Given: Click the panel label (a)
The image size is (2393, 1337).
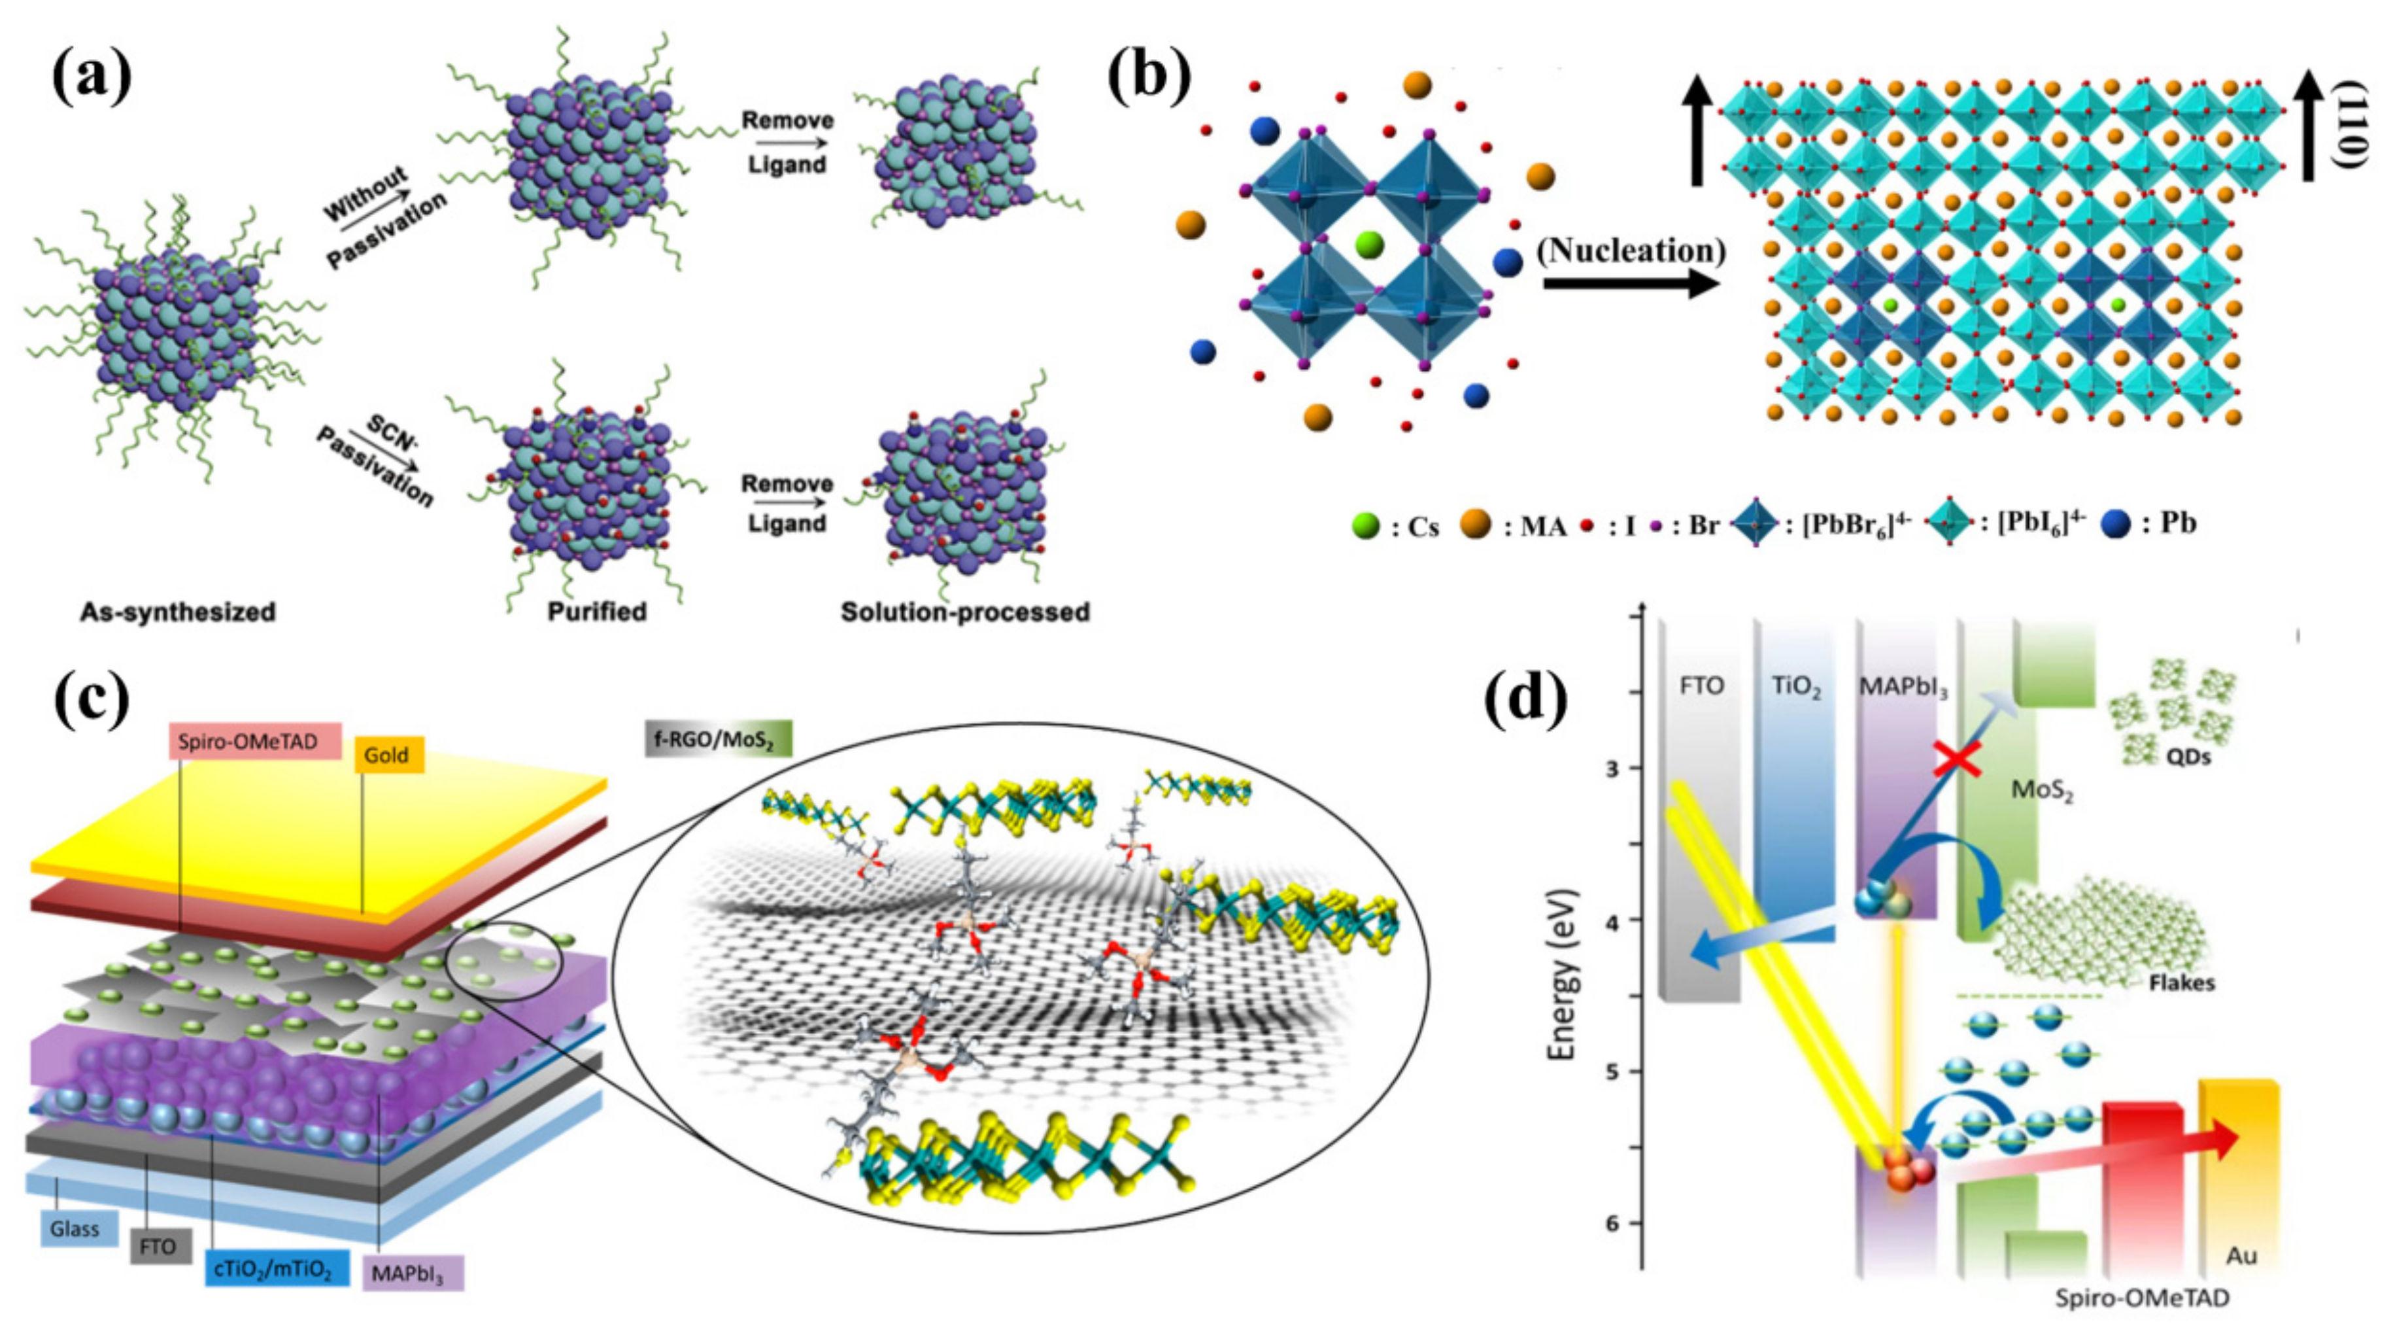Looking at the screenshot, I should (91, 76).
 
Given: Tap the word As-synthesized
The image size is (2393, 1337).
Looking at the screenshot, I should (177, 612).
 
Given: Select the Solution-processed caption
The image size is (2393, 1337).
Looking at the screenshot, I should (965, 612).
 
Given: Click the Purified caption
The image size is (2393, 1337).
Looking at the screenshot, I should (596, 612).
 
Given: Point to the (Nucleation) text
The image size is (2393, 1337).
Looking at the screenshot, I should (1631, 251).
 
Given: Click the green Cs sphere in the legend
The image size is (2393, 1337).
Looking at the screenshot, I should (1366, 526).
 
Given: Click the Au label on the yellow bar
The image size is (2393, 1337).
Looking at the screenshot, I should (2241, 1255).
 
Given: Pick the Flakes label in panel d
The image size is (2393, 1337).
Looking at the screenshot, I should (2181, 983).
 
